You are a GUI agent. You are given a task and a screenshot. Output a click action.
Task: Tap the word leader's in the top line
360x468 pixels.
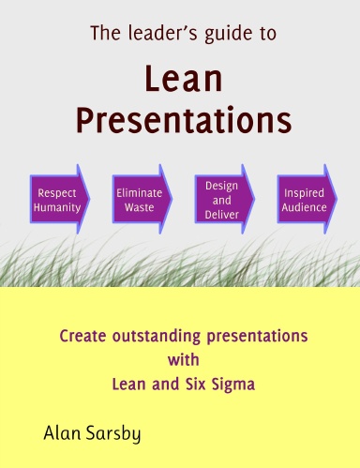(157, 35)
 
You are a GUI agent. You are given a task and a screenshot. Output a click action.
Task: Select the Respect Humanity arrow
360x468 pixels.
(59, 198)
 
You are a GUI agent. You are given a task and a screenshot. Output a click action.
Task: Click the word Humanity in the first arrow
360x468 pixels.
(57, 205)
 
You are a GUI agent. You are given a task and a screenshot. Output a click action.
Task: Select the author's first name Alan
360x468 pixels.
(63, 432)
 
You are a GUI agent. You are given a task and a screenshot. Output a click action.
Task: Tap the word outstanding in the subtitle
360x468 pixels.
(155, 334)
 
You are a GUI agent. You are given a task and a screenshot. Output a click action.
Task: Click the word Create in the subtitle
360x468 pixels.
(82, 333)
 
